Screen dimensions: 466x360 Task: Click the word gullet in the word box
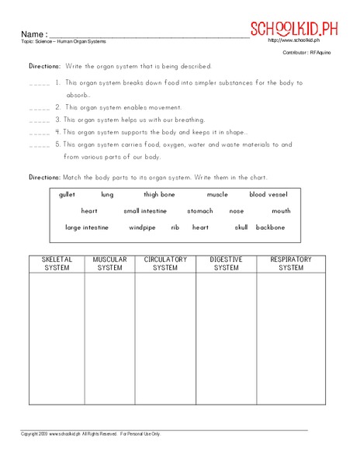pyautogui.click(x=67, y=195)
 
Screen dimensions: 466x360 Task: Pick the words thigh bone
pyautogui.click(x=159, y=195)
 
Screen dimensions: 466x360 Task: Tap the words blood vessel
pyautogui.click(x=268, y=195)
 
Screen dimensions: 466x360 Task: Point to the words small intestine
pyautogui.click(x=144, y=211)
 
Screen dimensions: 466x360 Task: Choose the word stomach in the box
pyautogui.click(x=199, y=211)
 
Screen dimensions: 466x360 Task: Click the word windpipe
pyautogui.click(x=142, y=228)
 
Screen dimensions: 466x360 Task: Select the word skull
pyautogui.click(x=241, y=228)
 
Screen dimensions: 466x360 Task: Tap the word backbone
pyautogui.click(x=270, y=228)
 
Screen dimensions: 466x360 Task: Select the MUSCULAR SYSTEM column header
pyautogui.click(x=109, y=264)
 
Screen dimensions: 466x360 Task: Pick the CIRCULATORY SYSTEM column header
pyautogui.click(x=164, y=264)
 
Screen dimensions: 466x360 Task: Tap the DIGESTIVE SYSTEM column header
pyautogui.click(x=226, y=264)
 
